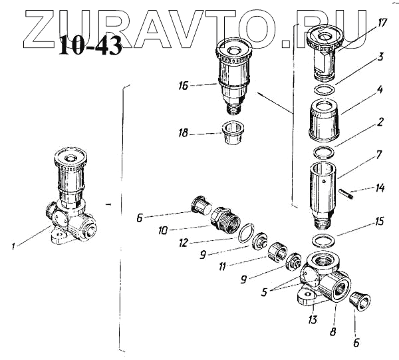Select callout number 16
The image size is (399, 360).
(x=184, y=86)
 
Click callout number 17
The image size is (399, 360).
(x=382, y=22)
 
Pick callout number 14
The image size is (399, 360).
(x=379, y=188)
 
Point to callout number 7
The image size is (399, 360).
(x=379, y=156)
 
